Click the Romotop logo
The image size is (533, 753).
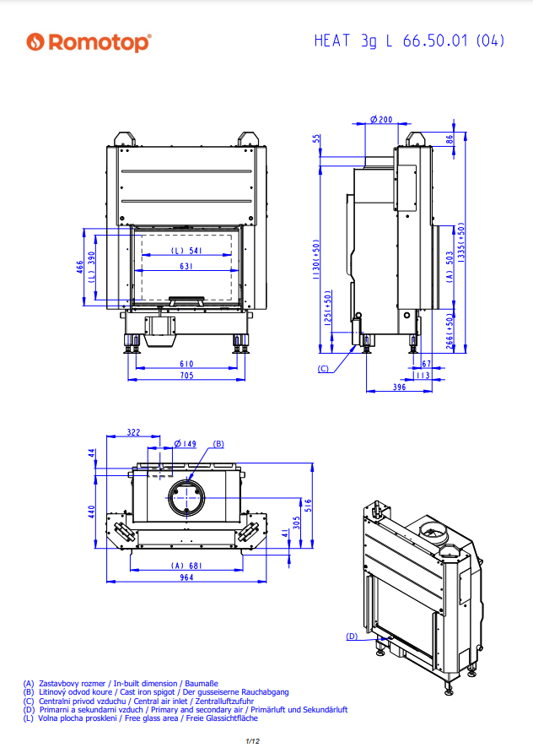88,42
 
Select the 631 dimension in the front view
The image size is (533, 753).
186,266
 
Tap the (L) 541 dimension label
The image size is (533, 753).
186,251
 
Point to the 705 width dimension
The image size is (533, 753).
187,376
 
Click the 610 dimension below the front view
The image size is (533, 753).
187,364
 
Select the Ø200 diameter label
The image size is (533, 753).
381,120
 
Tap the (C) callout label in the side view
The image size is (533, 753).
324,369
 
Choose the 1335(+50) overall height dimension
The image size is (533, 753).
461,245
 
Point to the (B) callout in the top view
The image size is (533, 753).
218,444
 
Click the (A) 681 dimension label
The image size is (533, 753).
187,566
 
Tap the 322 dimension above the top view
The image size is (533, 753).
133,432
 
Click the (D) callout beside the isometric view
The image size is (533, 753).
352,635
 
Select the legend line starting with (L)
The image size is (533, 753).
140,718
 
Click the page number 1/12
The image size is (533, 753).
250,741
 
